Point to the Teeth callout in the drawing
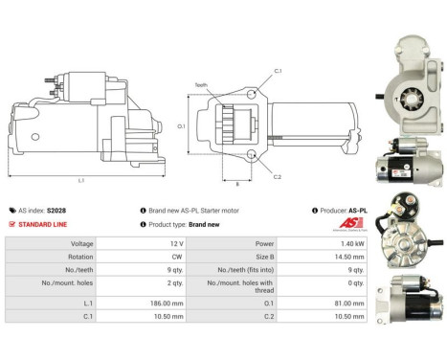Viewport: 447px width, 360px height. coord(201,84)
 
